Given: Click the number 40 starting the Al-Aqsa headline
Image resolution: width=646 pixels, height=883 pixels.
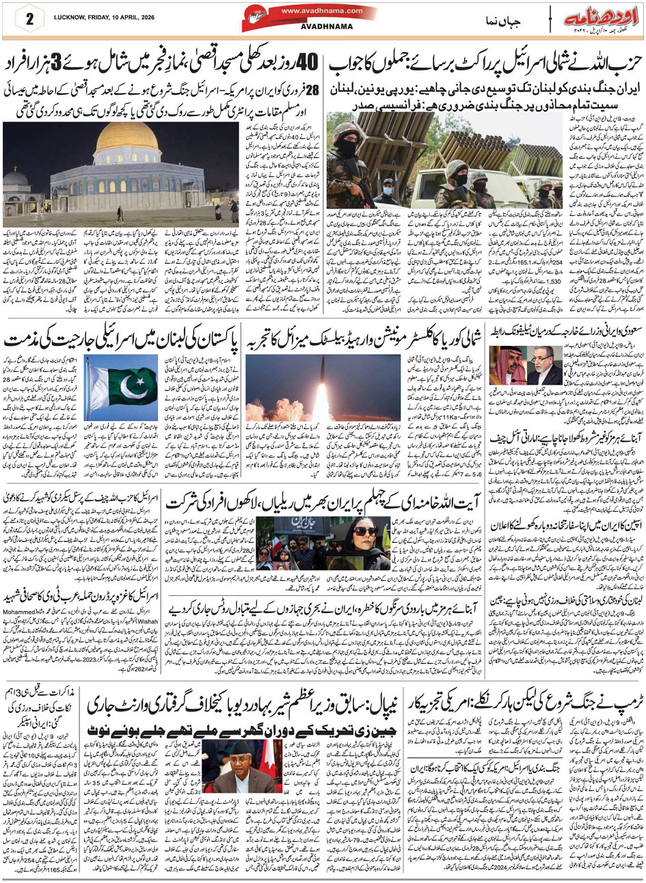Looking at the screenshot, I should click(x=308, y=64).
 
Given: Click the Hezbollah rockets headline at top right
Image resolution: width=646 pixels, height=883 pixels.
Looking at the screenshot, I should click(x=485, y=65).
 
